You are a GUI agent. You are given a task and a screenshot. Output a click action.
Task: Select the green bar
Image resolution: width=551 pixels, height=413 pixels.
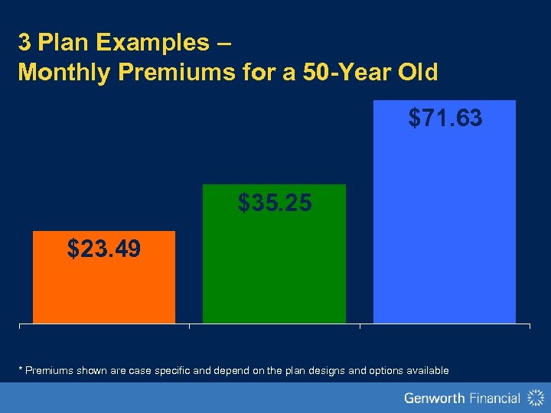point(274,268)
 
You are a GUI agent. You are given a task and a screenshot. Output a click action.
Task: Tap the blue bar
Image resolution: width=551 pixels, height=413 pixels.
point(444,229)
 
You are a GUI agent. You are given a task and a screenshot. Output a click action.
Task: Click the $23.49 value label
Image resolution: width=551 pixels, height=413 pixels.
point(104,249)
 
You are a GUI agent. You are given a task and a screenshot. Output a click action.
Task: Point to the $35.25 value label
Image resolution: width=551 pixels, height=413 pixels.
point(275,203)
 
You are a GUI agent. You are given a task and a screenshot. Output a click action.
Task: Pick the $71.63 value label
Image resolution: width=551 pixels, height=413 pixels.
point(445,118)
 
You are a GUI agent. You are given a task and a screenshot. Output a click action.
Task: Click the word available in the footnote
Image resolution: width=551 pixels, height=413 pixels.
point(425,371)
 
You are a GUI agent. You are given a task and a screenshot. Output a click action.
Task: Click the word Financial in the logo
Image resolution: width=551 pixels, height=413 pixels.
point(497,398)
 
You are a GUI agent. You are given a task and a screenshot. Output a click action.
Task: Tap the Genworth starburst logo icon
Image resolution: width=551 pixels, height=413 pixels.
point(535,398)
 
